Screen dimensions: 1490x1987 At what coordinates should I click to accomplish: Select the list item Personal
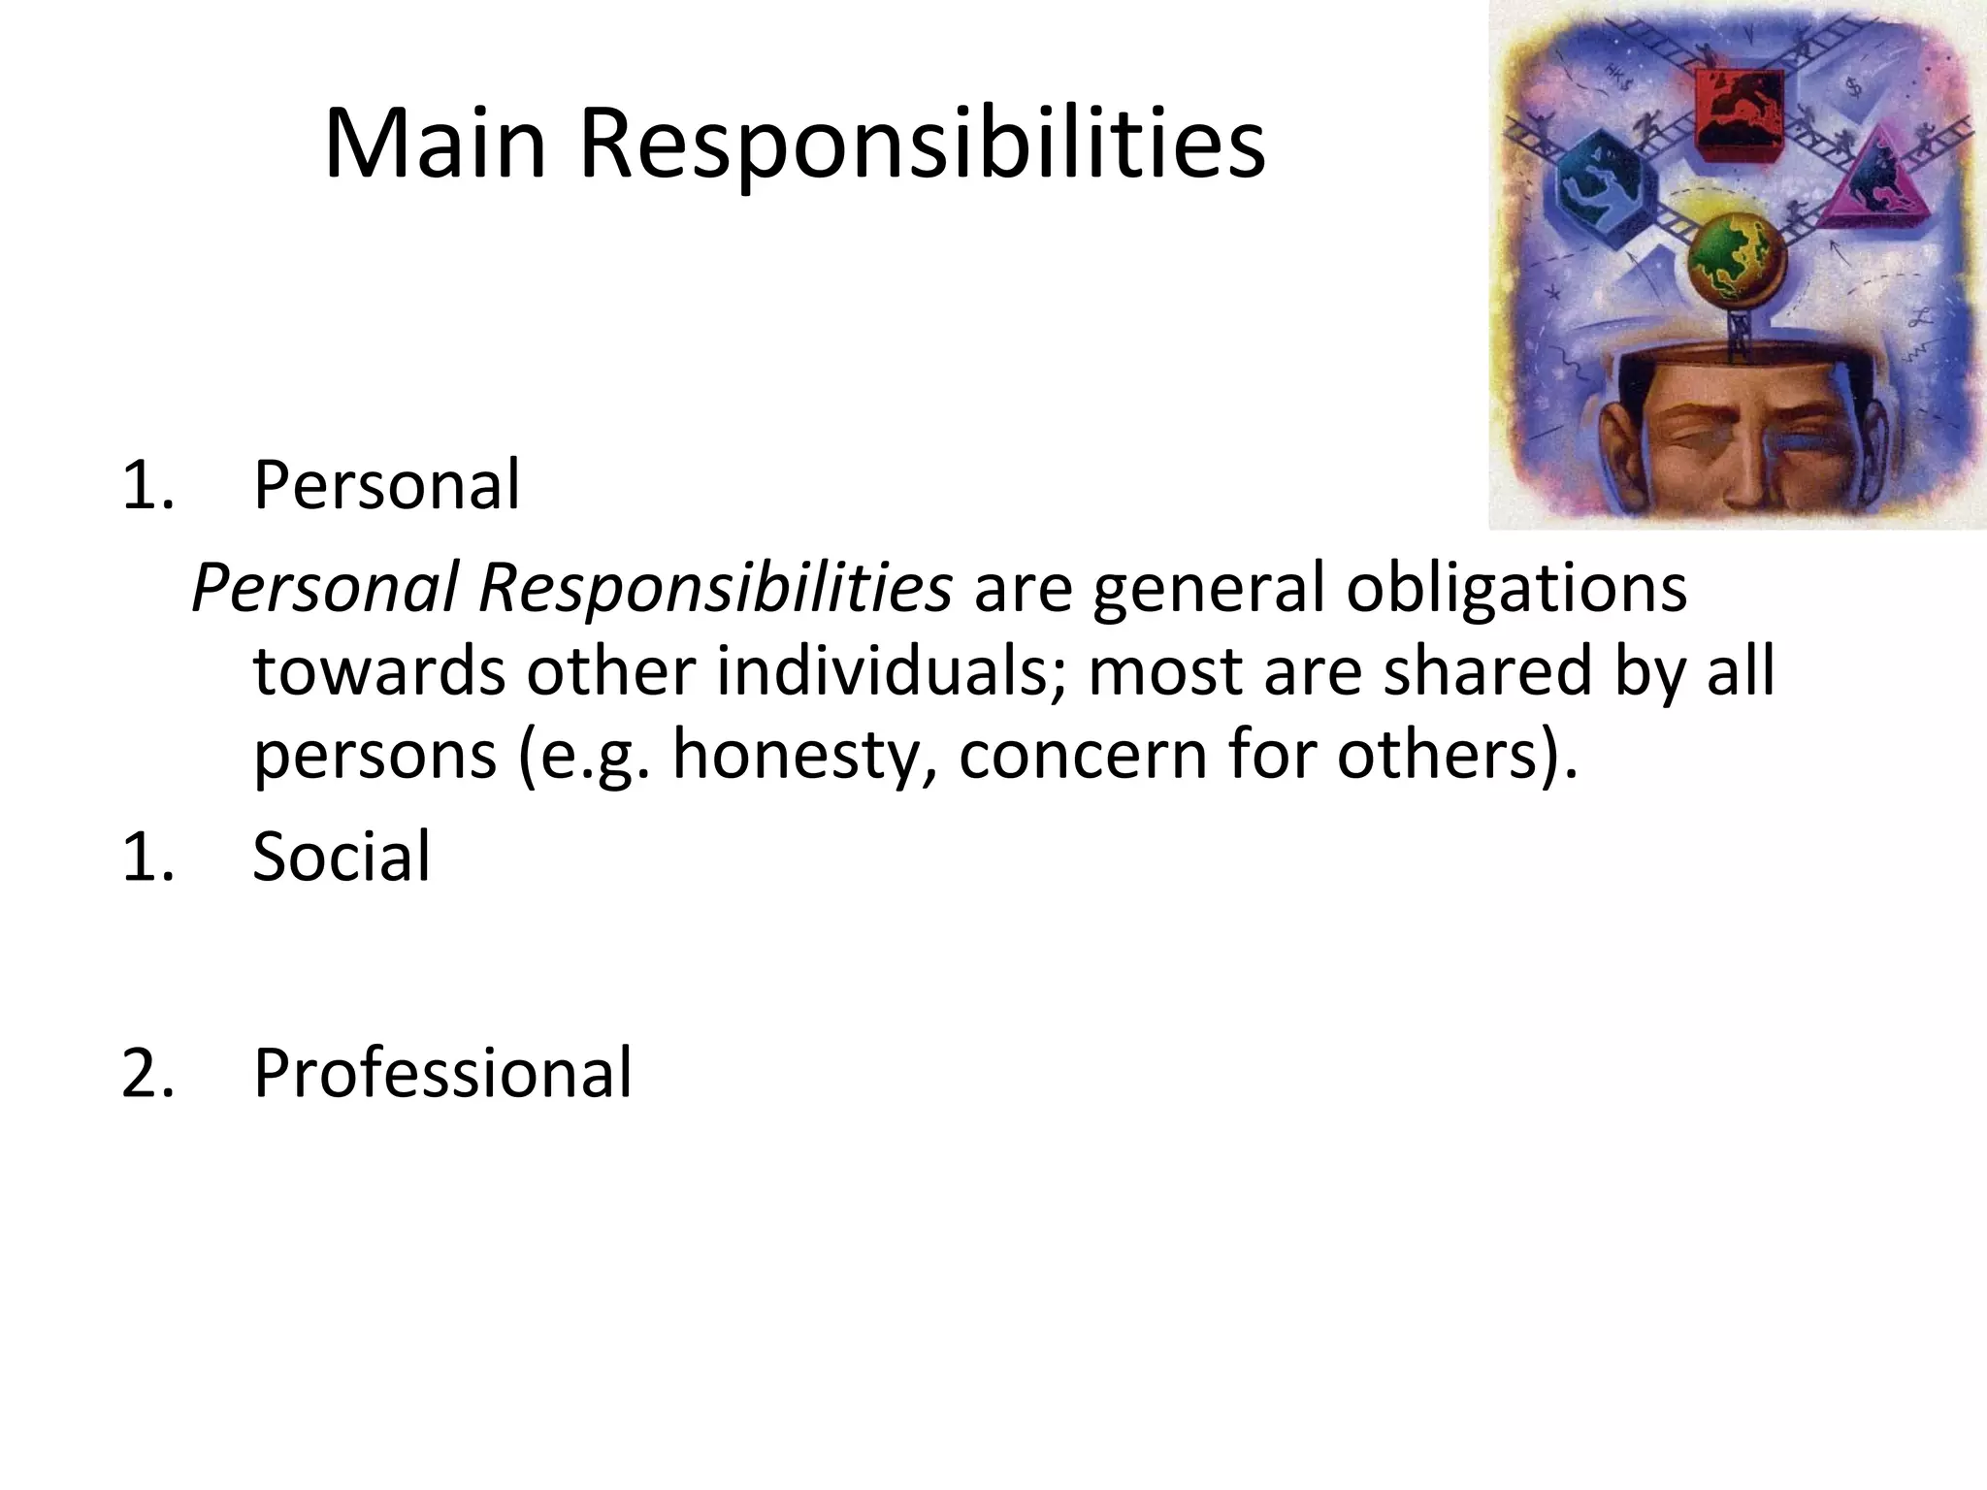click(386, 484)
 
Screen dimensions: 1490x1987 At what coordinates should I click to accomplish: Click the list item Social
click(341, 857)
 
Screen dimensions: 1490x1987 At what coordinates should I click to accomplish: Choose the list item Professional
click(442, 1073)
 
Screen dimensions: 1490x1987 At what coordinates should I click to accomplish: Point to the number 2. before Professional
click(147, 1073)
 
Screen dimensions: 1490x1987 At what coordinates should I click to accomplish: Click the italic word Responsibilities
click(715, 588)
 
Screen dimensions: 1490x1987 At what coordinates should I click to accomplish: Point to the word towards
click(378, 671)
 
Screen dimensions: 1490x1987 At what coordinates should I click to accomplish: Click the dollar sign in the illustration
click(1854, 87)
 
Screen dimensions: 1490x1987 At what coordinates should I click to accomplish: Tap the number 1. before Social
click(147, 857)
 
